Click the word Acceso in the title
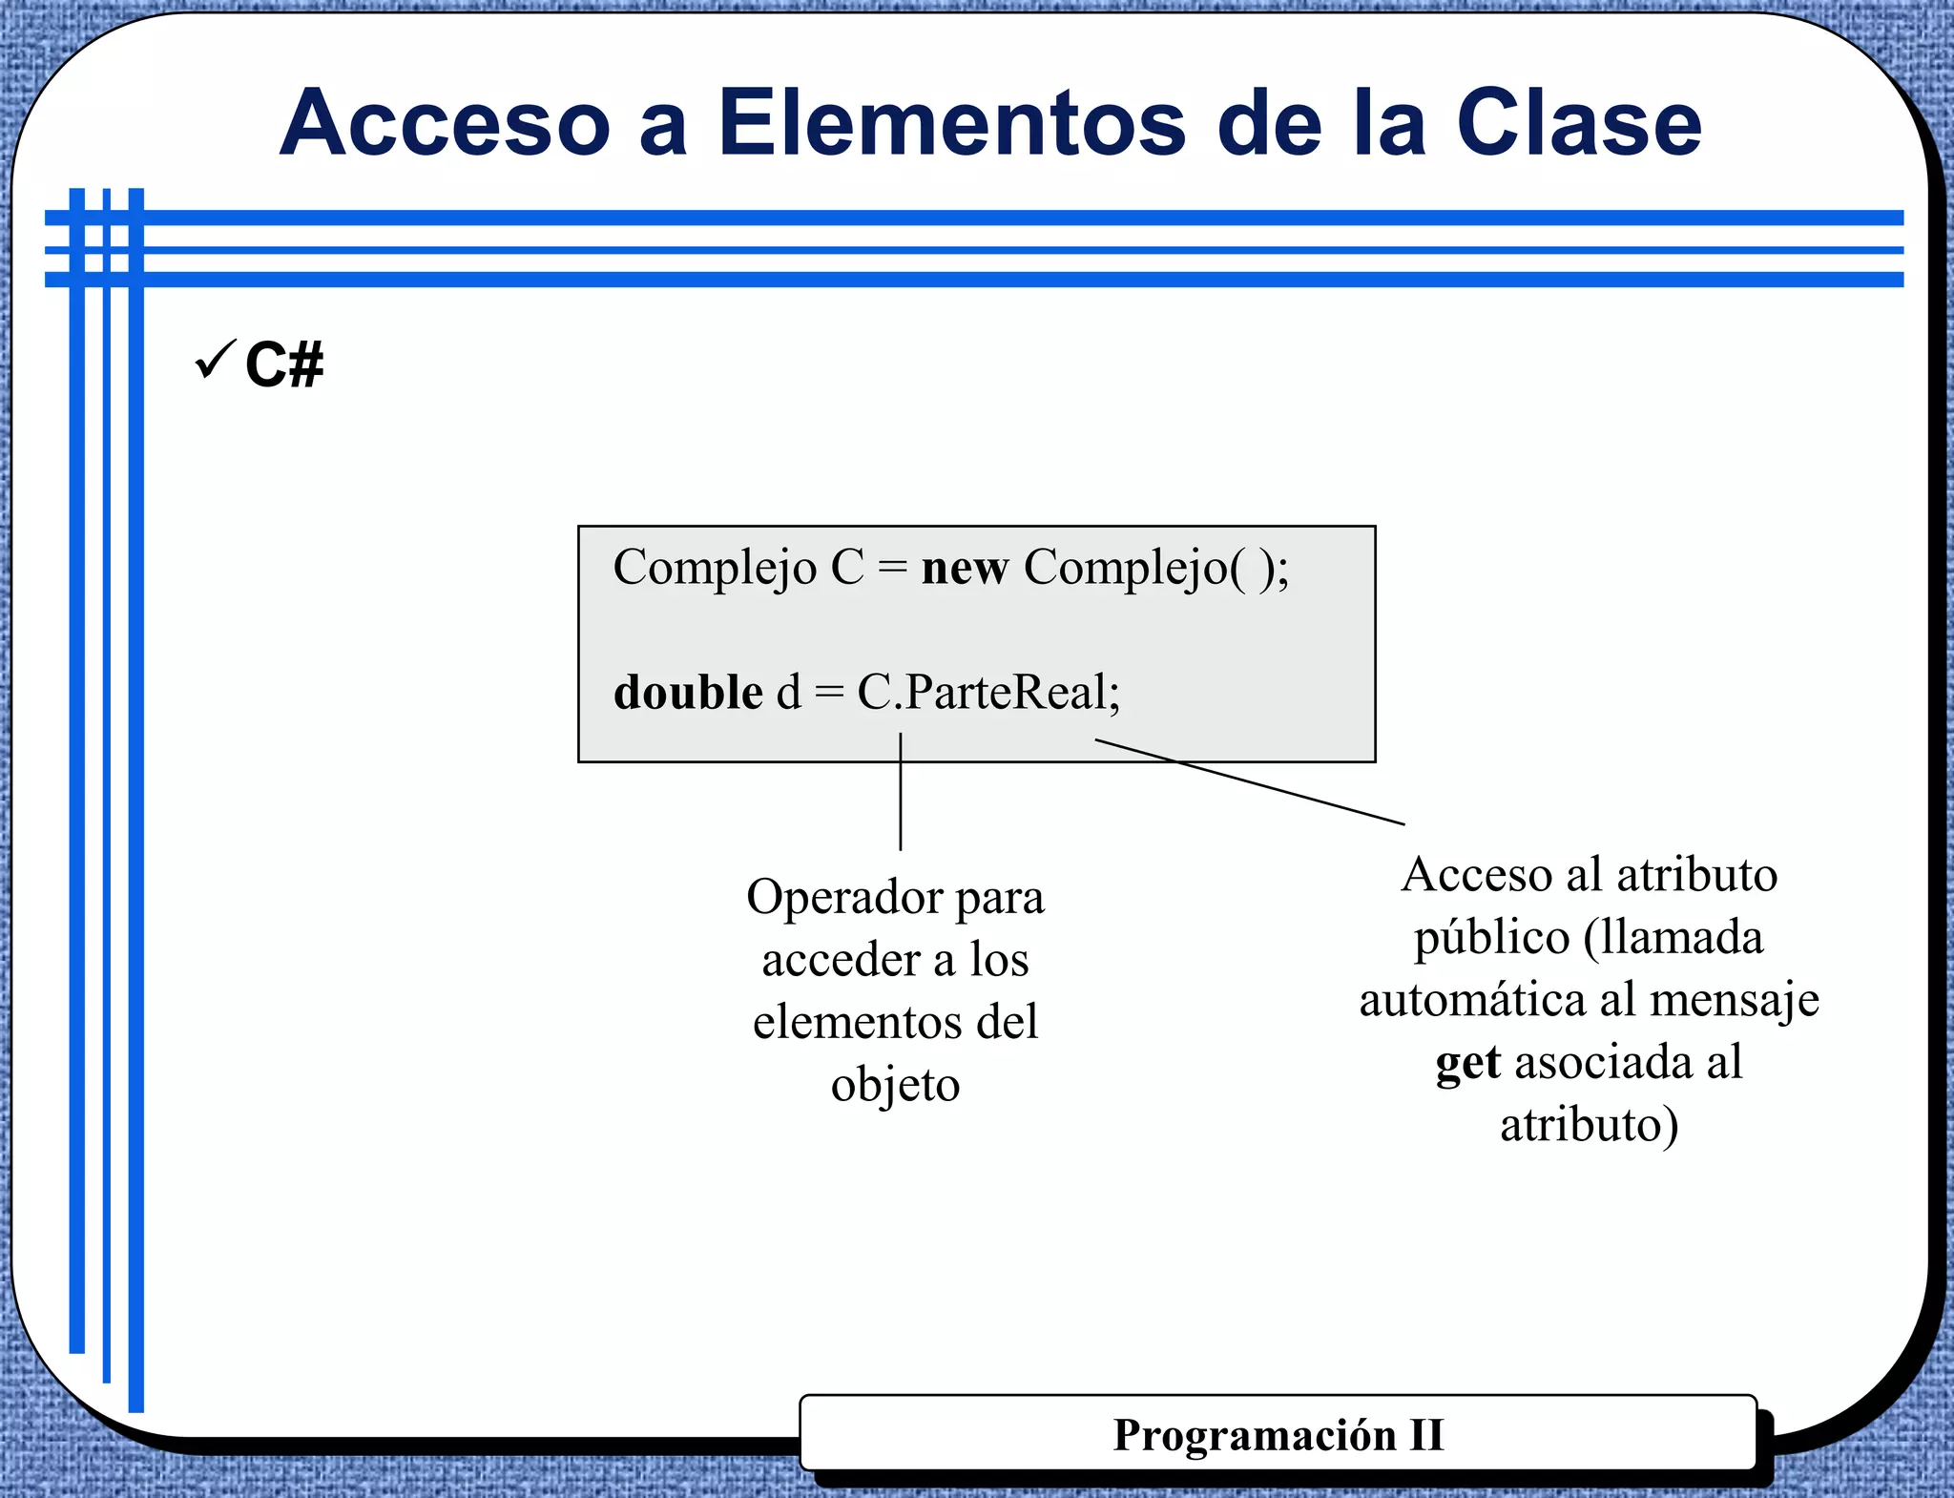click(x=446, y=124)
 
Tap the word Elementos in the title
click(x=953, y=124)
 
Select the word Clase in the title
click(x=1578, y=124)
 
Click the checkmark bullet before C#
click(x=215, y=361)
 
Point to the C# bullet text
click(x=284, y=364)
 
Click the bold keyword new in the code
click(x=965, y=569)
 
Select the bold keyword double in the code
click(x=688, y=693)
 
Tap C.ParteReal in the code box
click(x=983, y=693)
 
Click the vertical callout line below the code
click(x=901, y=792)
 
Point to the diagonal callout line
click(x=1250, y=781)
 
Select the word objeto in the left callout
click(x=895, y=1086)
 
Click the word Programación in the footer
click(x=1255, y=1435)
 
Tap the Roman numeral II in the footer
click(x=1426, y=1435)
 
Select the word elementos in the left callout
click(x=842, y=1023)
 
